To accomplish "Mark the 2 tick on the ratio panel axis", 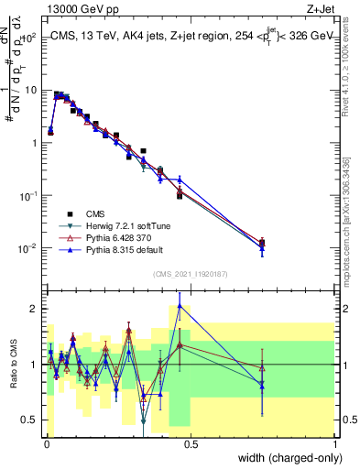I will click(x=36, y=308).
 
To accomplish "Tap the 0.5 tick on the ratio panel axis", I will click(x=32, y=420).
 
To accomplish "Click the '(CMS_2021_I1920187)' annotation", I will click(x=190, y=272).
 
